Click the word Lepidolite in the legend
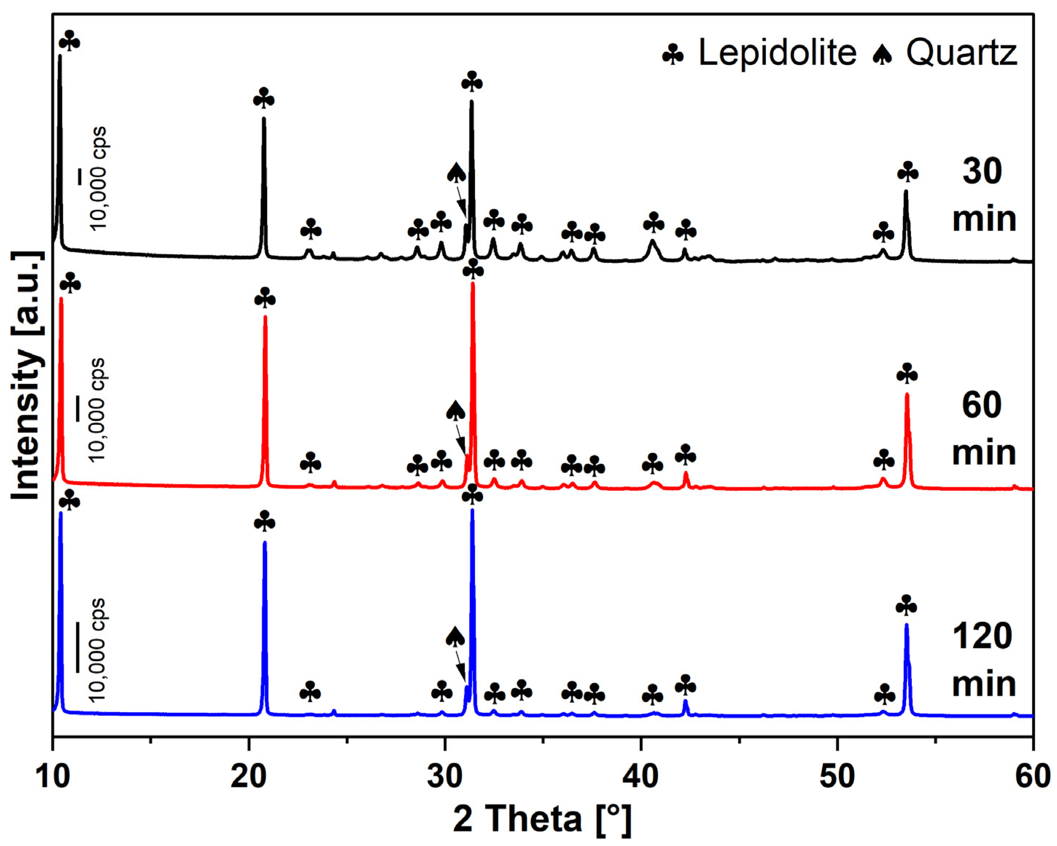[777, 53]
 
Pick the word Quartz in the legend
[961, 53]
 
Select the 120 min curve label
[983, 660]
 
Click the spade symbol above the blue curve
[455, 637]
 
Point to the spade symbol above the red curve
[455, 411]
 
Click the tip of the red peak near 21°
[265, 317]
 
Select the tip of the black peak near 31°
[472, 101]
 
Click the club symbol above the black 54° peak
[907, 172]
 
